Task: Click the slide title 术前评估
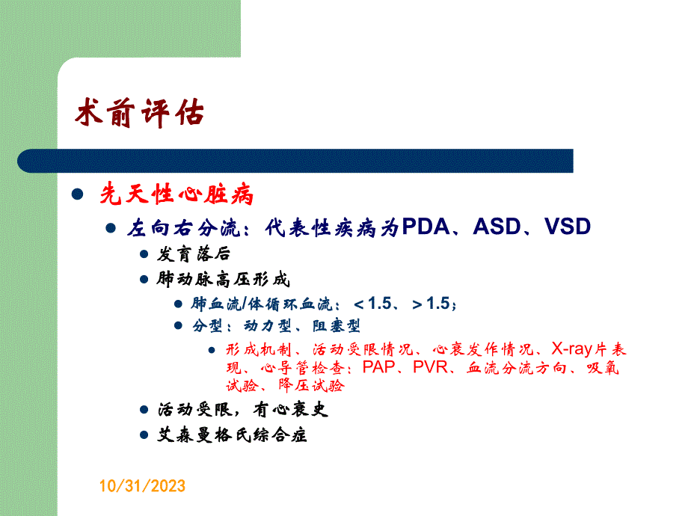click(x=140, y=114)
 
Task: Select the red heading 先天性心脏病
click(x=177, y=196)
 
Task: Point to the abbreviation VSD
click(x=568, y=227)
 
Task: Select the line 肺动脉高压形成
click(x=223, y=280)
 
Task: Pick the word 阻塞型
click(x=340, y=326)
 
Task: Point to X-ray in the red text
click(x=572, y=349)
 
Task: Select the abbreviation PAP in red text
click(x=380, y=367)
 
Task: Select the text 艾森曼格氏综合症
click(x=232, y=434)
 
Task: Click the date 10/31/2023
click(x=142, y=487)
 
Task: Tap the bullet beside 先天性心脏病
click(x=76, y=196)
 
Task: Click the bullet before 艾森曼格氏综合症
click(x=144, y=434)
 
